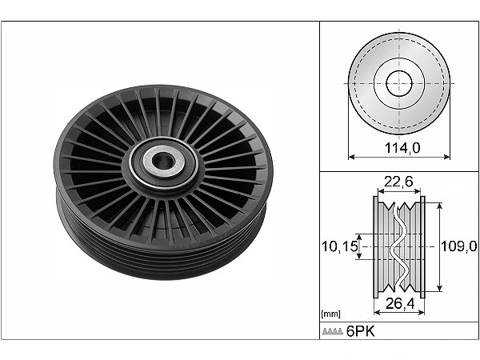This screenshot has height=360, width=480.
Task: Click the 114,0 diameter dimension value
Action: click(x=402, y=148)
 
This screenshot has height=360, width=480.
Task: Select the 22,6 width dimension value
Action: click(x=398, y=182)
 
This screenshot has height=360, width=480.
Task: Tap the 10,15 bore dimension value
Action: click(x=340, y=246)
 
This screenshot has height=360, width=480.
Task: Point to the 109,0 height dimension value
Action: click(x=459, y=246)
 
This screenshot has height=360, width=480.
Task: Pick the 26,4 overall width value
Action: click(x=400, y=303)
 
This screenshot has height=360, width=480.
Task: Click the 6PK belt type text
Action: click(x=361, y=331)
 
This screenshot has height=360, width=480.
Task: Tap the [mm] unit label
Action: click(x=330, y=314)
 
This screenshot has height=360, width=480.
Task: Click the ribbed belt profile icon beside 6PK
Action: click(x=333, y=331)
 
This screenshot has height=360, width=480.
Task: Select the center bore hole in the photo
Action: click(x=162, y=162)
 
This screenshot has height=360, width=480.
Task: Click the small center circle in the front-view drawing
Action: click(x=399, y=83)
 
